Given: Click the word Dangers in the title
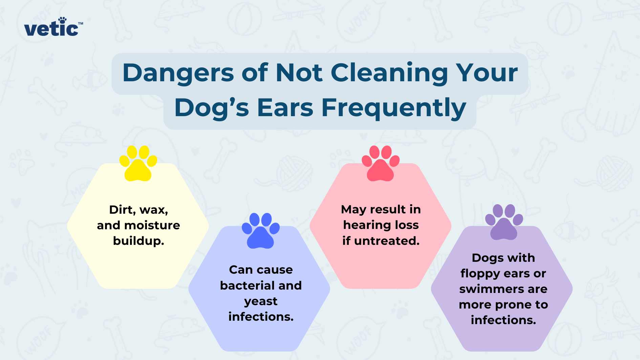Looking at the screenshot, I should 178,73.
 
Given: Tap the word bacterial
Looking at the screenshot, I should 247,285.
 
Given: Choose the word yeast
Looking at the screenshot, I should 260,301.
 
